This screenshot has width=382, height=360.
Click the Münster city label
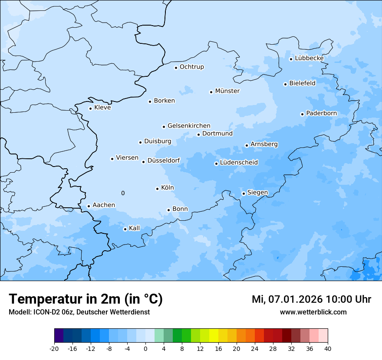(227, 91)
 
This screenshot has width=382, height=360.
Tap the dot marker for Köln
(157, 189)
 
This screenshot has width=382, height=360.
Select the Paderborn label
(321, 113)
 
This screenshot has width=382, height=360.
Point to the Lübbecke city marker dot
(291, 59)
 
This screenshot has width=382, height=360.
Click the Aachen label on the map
(104, 205)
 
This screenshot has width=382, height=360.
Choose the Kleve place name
(102, 108)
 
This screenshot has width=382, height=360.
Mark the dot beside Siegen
(244, 193)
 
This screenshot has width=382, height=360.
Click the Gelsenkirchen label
(189, 126)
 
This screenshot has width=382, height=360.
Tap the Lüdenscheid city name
(239, 163)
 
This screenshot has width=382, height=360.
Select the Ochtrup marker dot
(176, 68)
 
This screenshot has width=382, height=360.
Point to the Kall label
(134, 228)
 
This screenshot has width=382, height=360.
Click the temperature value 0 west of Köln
(123, 193)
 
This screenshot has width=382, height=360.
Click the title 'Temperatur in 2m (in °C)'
(86, 299)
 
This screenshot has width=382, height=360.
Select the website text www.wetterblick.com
(313, 312)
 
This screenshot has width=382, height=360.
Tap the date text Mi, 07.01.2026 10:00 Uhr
(311, 299)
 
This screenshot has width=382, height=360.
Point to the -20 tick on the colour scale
(54, 348)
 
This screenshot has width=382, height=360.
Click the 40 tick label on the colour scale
(327, 348)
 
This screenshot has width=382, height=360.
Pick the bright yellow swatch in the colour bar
(214, 336)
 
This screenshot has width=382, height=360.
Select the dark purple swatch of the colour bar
(59, 336)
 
